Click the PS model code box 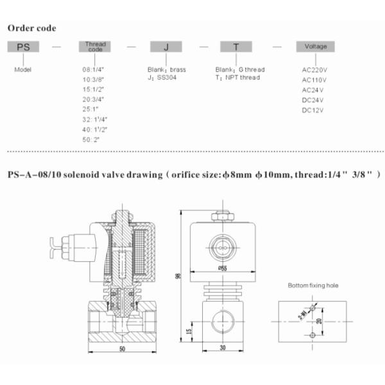tap(23, 47)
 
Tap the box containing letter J tap(167, 47)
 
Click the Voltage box tap(315, 47)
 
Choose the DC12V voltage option tap(312, 110)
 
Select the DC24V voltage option tap(312, 100)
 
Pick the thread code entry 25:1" tap(89, 110)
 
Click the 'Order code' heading tap(31, 28)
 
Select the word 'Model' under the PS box tap(22, 69)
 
